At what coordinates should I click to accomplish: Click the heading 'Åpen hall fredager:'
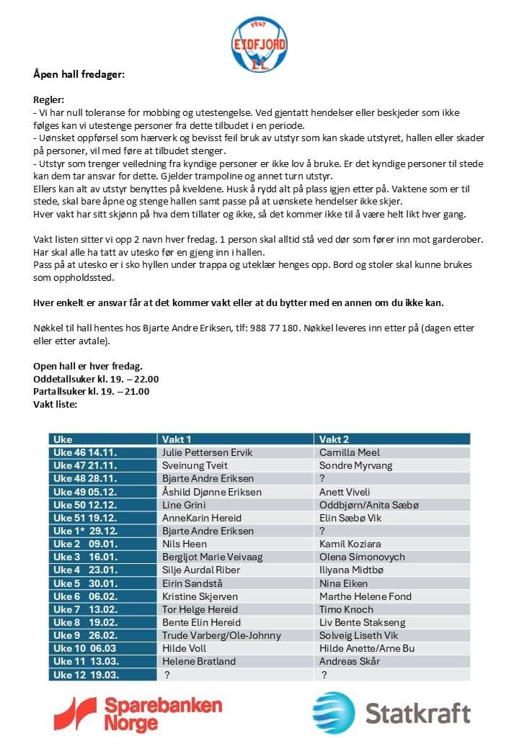pos(79,74)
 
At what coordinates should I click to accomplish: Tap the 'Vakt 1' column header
pos(177,439)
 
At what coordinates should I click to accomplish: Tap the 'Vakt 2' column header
pos(334,439)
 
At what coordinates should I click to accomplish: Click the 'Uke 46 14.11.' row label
pos(85,452)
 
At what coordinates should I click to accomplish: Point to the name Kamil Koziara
pos(350,544)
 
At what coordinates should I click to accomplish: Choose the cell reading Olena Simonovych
pos(362,557)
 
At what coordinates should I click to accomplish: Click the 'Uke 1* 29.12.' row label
pos(85,531)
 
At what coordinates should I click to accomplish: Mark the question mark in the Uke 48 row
pos(322,479)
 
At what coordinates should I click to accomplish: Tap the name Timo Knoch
pos(346,609)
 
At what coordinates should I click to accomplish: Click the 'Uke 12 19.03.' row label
pos(86,675)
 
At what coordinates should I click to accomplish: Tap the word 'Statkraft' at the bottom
pos(417,713)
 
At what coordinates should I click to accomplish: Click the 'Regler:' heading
pos(49,100)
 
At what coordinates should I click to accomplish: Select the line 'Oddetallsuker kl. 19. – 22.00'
pos(96,379)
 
